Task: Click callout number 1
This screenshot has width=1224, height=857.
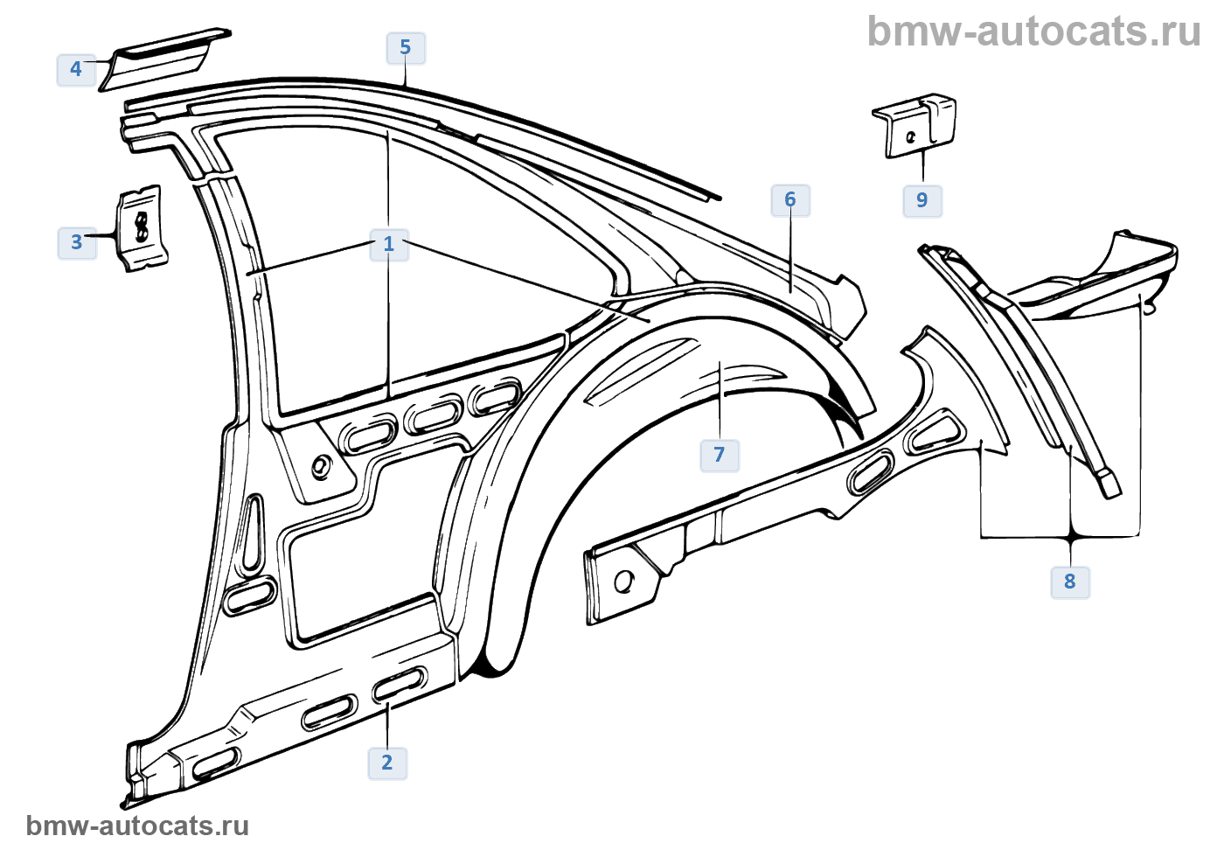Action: (389, 244)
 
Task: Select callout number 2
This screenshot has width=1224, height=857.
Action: (387, 763)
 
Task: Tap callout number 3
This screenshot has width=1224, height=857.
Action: (76, 242)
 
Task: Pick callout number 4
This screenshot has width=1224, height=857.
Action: (76, 69)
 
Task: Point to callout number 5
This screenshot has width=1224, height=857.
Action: (406, 47)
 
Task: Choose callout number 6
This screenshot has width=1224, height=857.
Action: (790, 200)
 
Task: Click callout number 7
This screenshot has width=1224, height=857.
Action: (720, 455)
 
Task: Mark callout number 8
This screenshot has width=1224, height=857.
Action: (1070, 582)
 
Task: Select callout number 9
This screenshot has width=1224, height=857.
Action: (922, 200)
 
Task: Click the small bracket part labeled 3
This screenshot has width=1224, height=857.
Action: (142, 227)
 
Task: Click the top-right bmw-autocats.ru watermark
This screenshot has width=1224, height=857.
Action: (1033, 31)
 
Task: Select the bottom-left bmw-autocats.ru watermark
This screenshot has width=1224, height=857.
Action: (137, 826)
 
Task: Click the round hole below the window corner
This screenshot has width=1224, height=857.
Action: (322, 466)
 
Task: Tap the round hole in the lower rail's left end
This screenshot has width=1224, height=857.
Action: (624, 581)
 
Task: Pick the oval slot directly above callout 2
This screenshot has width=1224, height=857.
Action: (400, 683)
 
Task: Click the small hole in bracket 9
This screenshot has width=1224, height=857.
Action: (912, 136)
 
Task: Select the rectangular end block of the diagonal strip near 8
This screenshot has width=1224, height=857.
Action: (1108, 484)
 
